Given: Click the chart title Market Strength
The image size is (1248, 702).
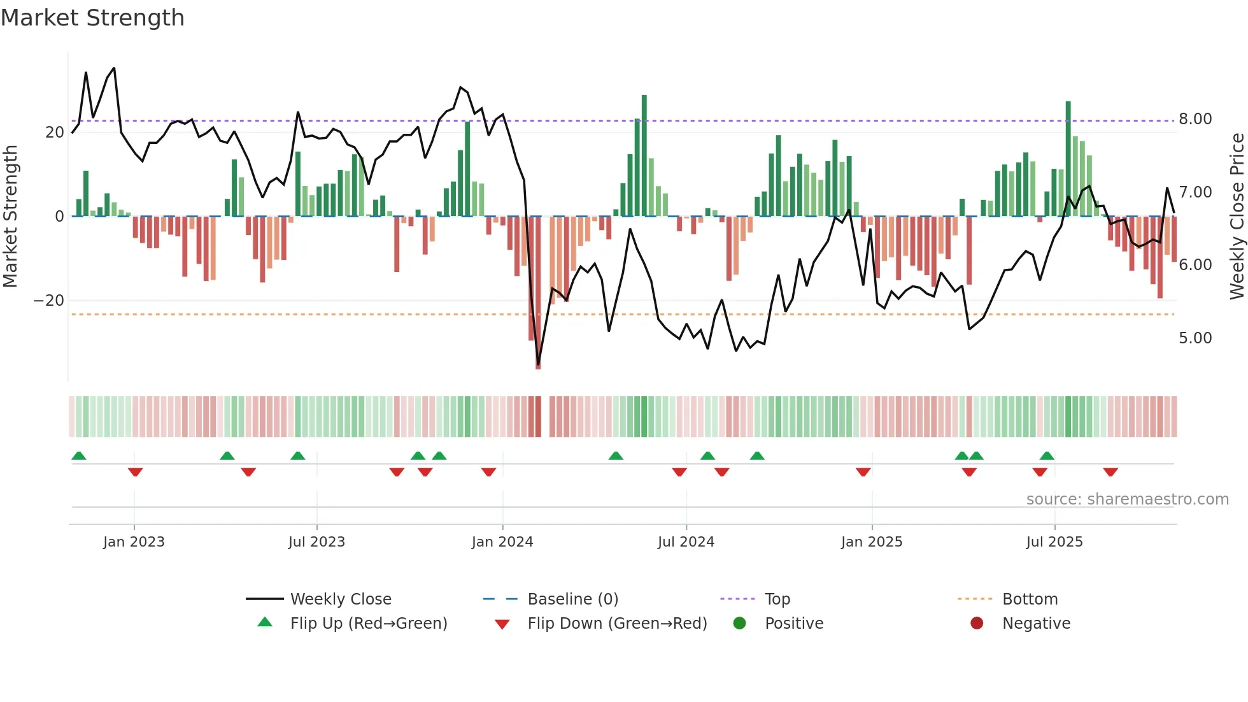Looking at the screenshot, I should click(92, 18).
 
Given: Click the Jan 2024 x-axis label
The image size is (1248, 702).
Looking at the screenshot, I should click(502, 542).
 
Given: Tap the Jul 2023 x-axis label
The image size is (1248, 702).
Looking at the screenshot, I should click(316, 542).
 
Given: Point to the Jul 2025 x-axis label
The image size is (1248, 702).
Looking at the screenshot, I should click(1054, 542).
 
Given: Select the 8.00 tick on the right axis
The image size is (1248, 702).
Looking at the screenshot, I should click(1195, 119).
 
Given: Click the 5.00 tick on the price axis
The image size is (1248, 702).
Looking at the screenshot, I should click(1195, 338).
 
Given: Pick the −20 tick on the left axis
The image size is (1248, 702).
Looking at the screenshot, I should click(49, 301).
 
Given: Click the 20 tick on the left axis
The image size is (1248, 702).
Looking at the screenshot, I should click(55, 133).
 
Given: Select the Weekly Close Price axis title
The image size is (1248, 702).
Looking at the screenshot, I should click(1237, 217).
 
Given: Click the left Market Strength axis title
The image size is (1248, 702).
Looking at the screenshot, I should click(11, 217).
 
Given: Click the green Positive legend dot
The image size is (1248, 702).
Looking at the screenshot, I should click(739, 624).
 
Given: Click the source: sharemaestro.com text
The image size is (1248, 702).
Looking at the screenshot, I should click(1127, 499).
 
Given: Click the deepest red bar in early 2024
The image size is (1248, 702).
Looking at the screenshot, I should click(538, 293).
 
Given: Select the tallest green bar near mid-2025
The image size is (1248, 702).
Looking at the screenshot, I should click(1068, 159).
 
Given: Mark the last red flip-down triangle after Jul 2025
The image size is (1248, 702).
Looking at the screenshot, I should click(1110, 472).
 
